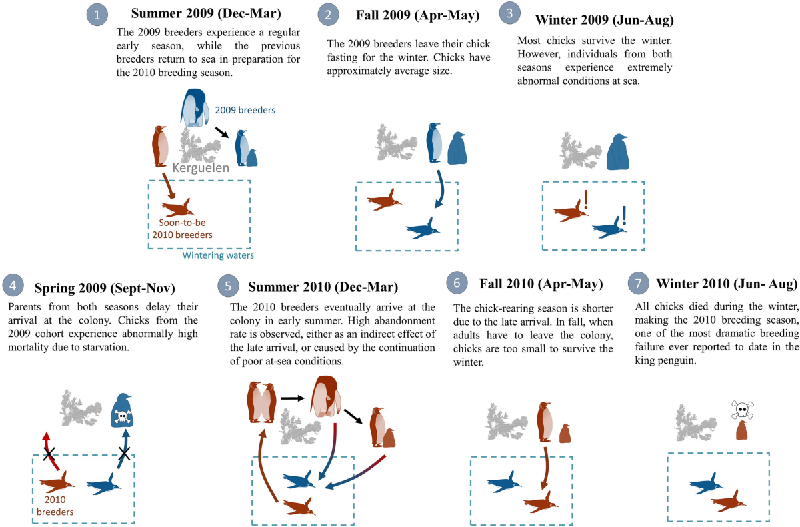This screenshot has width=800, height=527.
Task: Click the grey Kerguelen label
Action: [x=201, y=168]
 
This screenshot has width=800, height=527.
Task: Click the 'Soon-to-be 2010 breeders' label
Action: [x=180, y=229]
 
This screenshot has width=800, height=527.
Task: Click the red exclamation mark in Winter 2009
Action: [x=585, y=200]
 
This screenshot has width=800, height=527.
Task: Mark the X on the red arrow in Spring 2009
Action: [x=49, y=455]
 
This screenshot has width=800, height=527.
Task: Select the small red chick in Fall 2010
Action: [x=565, y=434]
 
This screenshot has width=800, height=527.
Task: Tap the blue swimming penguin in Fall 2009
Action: [x=423, y=231]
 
